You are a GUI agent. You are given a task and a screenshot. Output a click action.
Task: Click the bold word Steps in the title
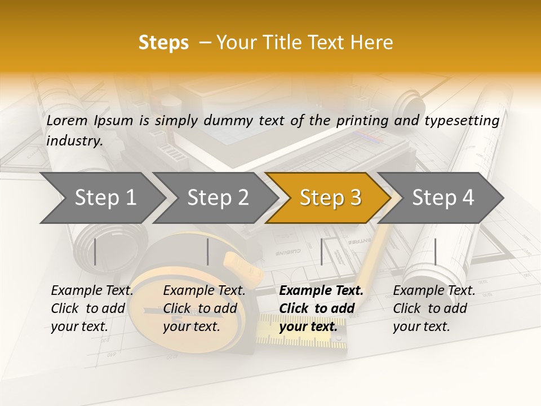pos(163,43)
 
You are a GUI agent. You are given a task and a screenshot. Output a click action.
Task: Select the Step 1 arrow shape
pos(101,198)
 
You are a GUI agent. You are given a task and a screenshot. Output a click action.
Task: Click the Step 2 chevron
pos(217,198)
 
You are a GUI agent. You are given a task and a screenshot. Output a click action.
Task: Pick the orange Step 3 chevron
pos(330,198)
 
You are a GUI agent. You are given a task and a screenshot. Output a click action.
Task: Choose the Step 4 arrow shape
pos(442,198)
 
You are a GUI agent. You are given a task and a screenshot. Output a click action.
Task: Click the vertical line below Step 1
pos(95,251)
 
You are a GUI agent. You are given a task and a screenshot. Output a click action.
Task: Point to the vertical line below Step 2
pos(207,251)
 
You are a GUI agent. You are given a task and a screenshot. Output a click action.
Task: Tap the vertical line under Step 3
pos(321,251)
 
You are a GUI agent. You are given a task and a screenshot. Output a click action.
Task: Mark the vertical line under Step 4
pos(435,251)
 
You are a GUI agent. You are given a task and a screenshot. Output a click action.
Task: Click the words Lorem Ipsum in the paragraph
pos(90,121)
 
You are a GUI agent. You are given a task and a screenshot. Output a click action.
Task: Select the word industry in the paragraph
pos(73,141)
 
